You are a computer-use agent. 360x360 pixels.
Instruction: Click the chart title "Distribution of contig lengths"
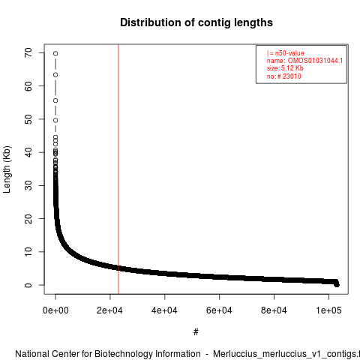tap(196, 22)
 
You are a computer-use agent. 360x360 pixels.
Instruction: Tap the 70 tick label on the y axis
tap(28, 52)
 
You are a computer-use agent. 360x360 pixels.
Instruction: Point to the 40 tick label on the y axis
tap(28, 152)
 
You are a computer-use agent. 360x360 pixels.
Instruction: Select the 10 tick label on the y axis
tap(28, 251)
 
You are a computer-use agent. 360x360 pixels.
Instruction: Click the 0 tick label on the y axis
tap(28, 285)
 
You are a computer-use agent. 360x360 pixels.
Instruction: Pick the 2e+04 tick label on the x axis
tap(109, 310)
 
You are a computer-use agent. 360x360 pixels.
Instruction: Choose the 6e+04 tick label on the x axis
tap(219, 310)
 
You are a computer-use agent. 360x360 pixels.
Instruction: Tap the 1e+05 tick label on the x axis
tap(328, 310)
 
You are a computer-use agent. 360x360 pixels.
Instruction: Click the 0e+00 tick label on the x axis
tap(55, 310)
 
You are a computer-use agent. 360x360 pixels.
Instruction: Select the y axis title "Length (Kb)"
tap(7, 169)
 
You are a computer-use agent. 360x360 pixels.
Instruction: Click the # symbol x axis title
tap(196, 332)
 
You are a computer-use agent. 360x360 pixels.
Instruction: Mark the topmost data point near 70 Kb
tap(55, 53)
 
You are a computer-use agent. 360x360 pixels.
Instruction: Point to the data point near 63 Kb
tap(55, 75)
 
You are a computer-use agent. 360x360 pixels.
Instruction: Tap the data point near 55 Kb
tap(55, 100)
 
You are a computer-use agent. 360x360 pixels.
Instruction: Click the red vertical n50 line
tap(118, 169)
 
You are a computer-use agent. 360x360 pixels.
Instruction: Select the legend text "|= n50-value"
tap(286, 53)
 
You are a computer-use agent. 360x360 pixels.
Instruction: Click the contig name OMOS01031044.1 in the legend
tap(315, 61)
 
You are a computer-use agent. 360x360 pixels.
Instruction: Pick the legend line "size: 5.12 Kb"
tap(285, 68)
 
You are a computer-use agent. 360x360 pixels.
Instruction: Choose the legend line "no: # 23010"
tap(284, 76)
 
